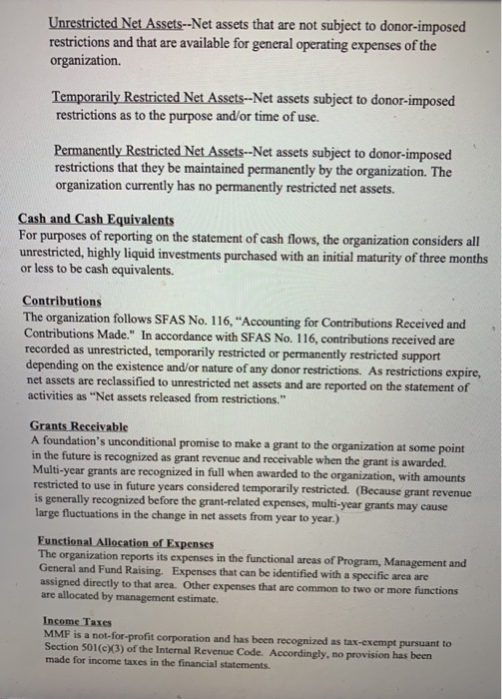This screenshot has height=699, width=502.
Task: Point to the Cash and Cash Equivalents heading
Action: [x=96, y=220]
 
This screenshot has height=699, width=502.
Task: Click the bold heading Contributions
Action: [x=62, y=300]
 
